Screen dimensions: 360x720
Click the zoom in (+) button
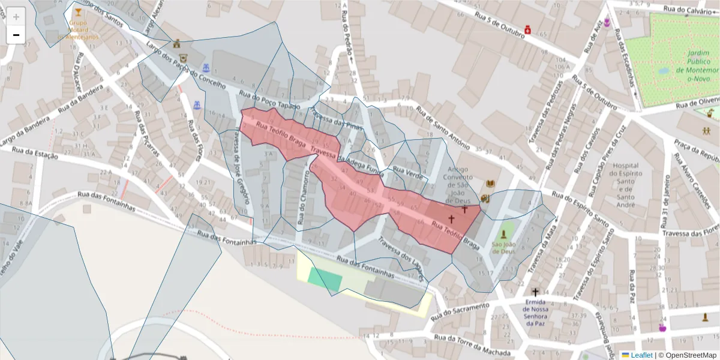(x=16, y=17)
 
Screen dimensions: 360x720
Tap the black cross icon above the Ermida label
(x=535, y=292)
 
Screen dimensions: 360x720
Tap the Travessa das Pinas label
(x=337, y=122)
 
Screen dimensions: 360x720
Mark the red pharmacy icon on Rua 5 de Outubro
(x=527, y=29)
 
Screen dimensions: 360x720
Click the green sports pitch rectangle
(x=326, y=279)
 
